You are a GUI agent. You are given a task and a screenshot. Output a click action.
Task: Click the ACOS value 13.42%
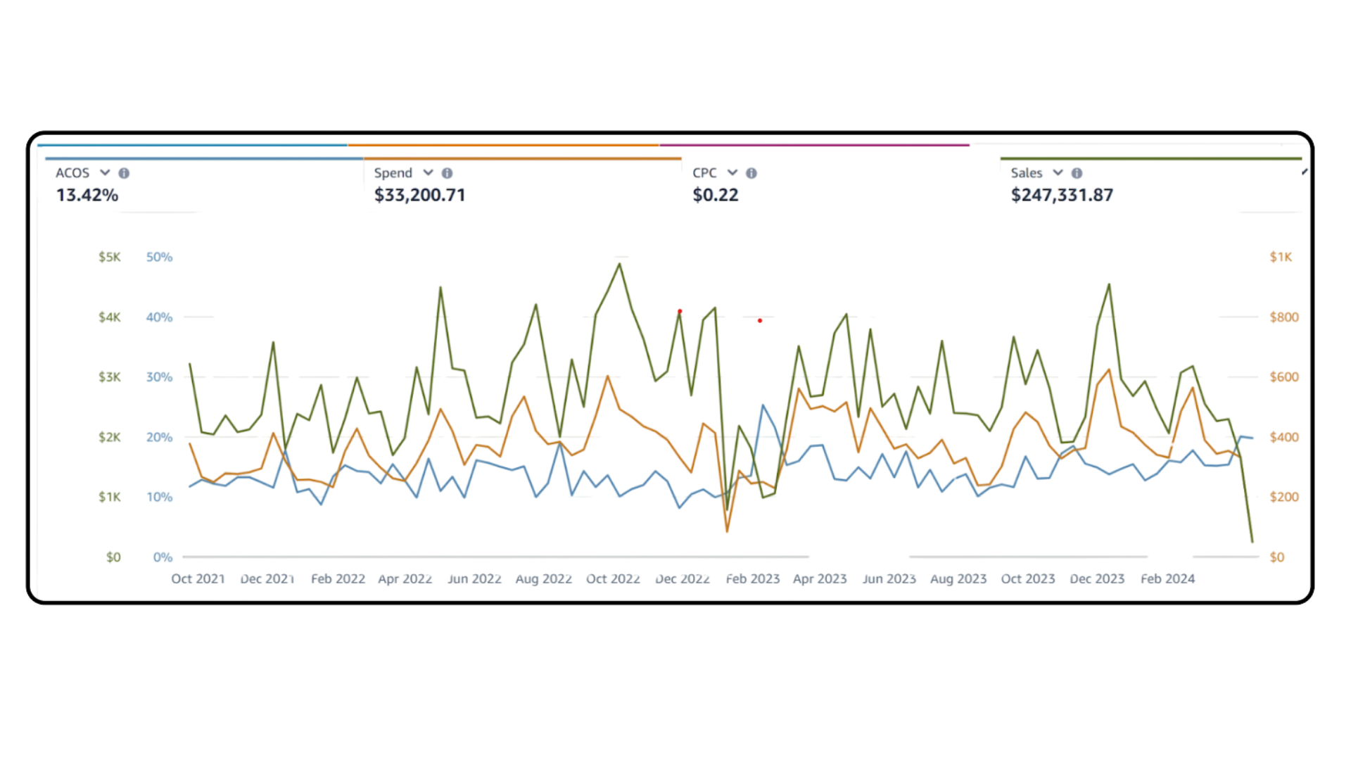coord(87,195)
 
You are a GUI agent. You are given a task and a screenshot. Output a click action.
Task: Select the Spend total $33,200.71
coord(419,195)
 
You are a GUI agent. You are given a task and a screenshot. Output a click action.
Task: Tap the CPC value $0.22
coord(716,195)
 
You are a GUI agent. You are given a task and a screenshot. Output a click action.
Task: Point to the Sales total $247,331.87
coord(1062,195)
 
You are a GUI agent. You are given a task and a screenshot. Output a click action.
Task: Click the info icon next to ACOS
coord(124,173)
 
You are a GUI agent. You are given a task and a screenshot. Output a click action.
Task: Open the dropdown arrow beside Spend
coord(428,173)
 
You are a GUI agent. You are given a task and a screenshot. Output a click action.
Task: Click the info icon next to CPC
coord(751,173)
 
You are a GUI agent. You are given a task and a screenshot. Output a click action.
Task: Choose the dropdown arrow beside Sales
coord(1058,173)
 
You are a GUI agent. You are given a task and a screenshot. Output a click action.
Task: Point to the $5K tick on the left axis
coord(109,257)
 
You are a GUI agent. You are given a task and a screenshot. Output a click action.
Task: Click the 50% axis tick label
coord(160,257)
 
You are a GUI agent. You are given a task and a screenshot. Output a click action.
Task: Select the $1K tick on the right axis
coord(1281,257)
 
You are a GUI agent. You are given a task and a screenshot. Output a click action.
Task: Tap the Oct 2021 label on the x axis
coord(198,578)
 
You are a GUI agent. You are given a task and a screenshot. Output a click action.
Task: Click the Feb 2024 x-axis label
coord(1167,578)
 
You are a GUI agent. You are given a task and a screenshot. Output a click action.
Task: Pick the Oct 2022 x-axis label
coord(613,578)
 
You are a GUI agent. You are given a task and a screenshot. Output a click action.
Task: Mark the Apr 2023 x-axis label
coord(820,578)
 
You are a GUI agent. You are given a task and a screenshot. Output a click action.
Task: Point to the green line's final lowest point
coord(1252,542)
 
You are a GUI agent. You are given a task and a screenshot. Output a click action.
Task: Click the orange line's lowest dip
coord(728,531)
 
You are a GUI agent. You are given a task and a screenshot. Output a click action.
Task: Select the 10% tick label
coord(160,497)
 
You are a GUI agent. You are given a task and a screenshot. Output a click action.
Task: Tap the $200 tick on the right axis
coord(1284,497)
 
